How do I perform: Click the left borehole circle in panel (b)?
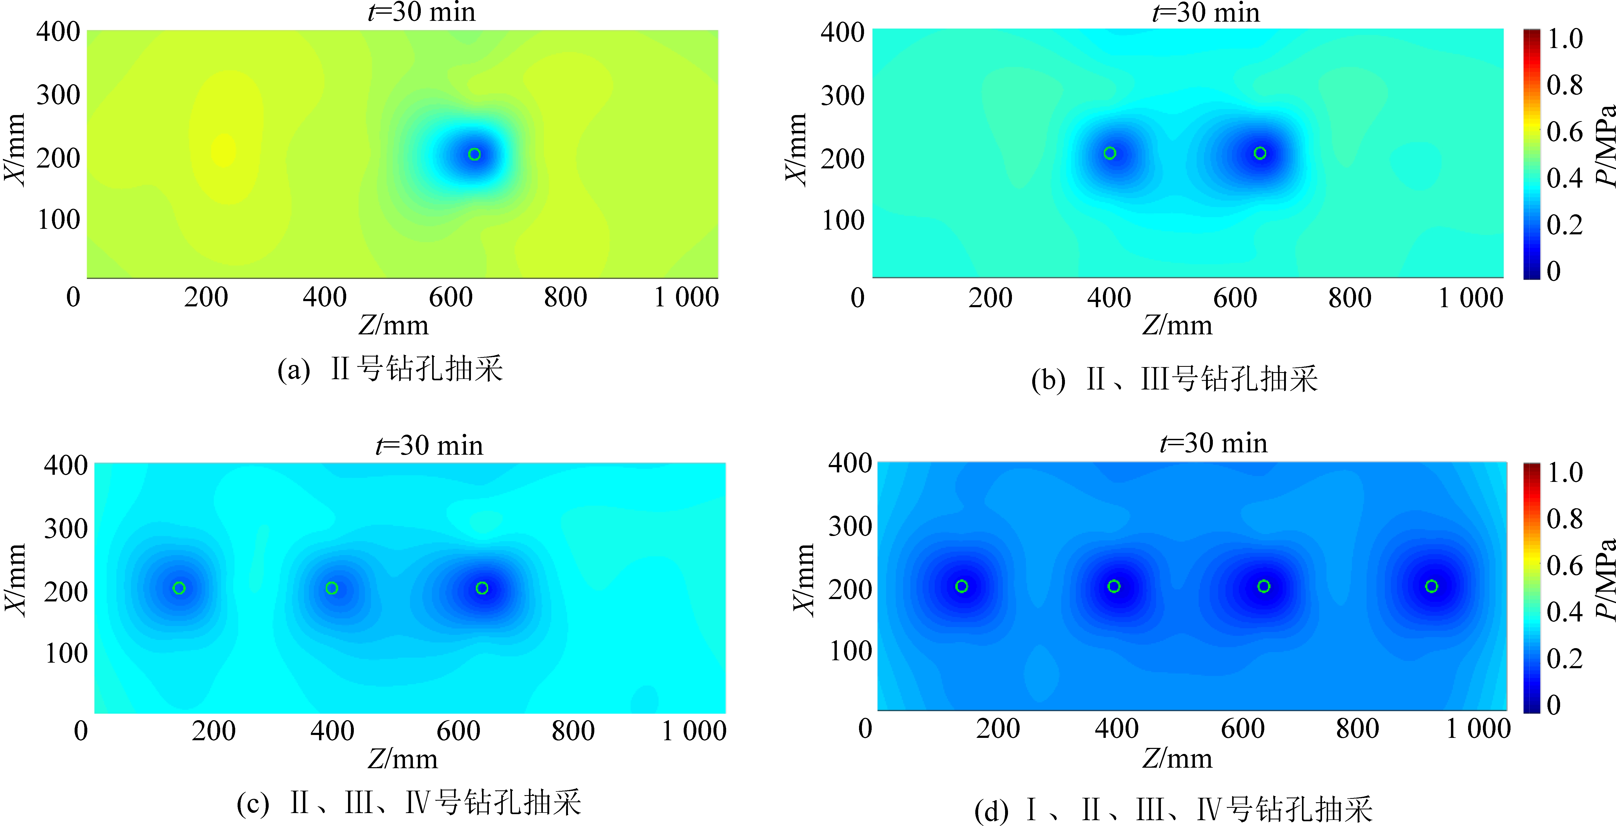coord(1110,153)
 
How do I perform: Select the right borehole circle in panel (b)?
coord(1260,153)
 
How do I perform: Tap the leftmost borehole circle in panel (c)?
coord(179,588)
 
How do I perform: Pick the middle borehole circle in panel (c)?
coord(332,588)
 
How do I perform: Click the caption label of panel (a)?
coord(390,369)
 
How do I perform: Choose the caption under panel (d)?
coord(1173,810)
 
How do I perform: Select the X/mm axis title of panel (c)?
coord(16,581)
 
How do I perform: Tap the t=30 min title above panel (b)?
coord(1206,13)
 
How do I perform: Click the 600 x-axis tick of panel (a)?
coord(450,297)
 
